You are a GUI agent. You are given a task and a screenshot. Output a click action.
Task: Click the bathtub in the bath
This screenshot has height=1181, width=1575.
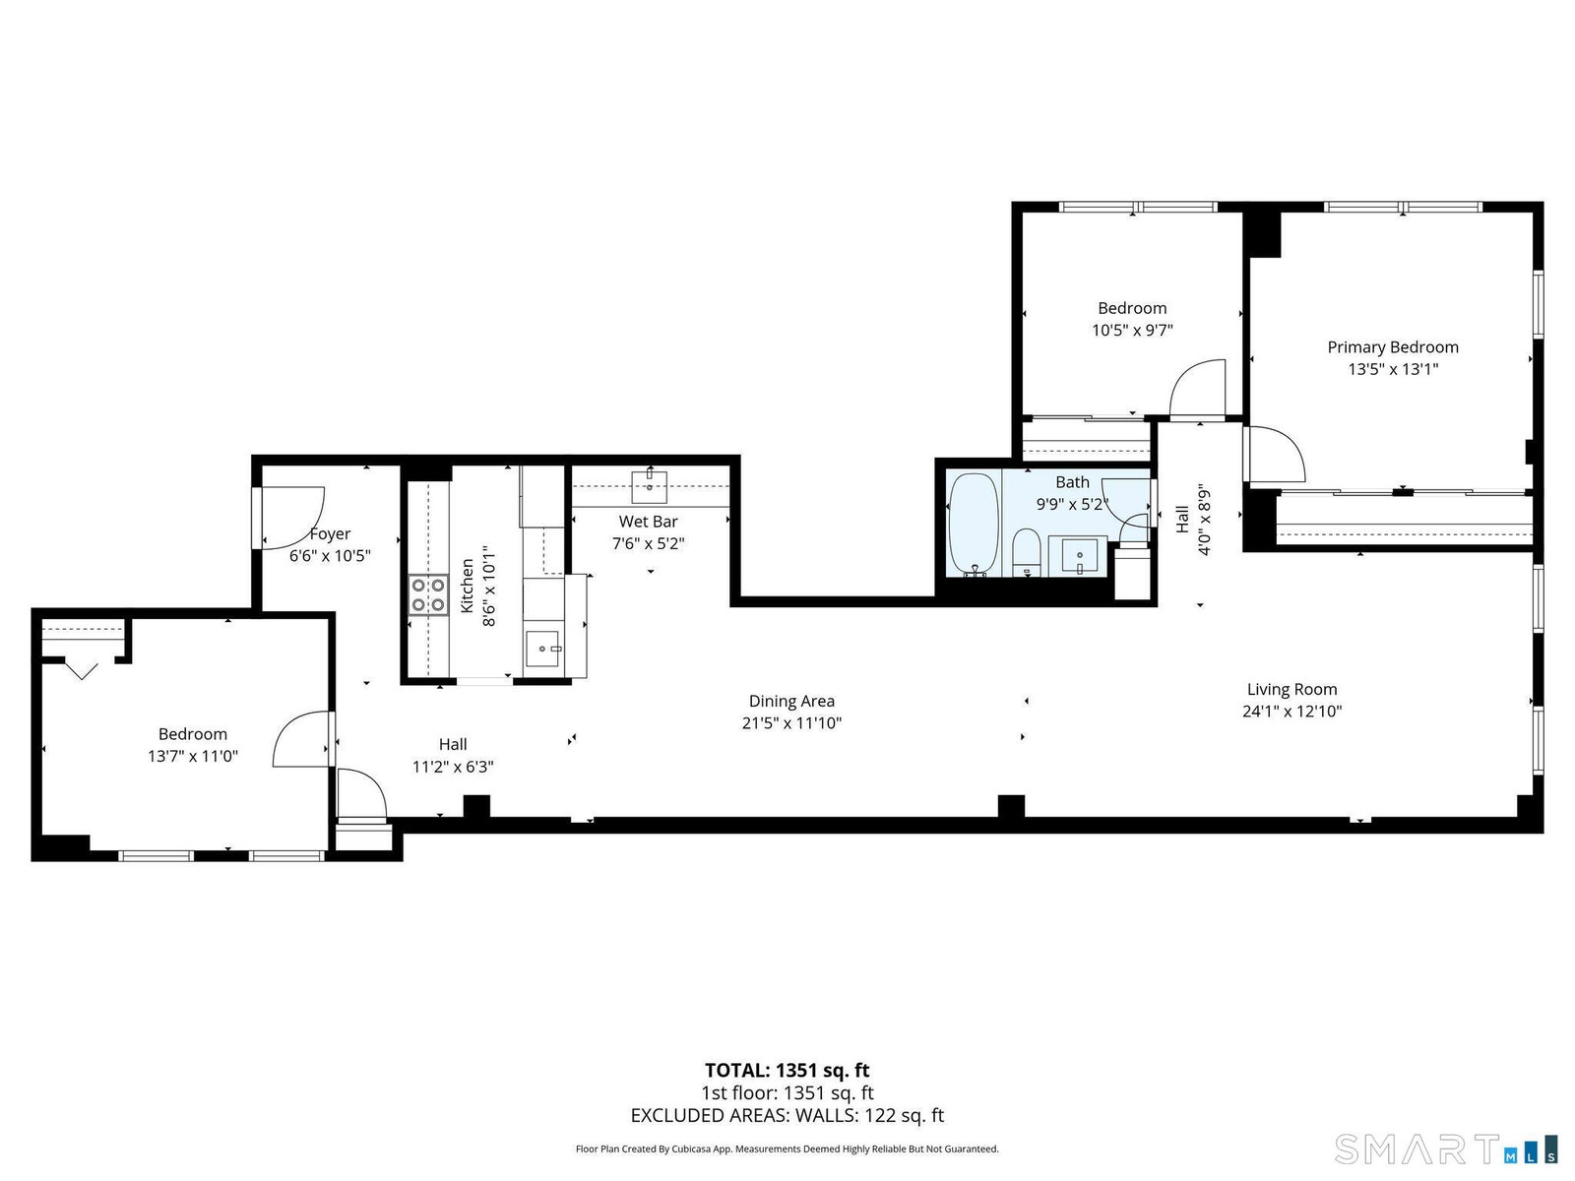pyautogui.click(x=973, y=525)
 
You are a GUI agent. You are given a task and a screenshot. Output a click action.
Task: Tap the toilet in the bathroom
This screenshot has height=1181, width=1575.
pyautogui.click(x=1026, y=553)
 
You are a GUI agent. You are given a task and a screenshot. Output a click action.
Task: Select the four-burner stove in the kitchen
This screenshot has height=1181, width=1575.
pyautogui.click(x=428, y=595)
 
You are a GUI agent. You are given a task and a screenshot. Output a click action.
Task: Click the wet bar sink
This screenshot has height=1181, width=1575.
pyautogui.click(x=649, y=487)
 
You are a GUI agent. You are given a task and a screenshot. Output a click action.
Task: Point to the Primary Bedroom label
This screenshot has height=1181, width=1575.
pyautogui.click(x=1392, y=347)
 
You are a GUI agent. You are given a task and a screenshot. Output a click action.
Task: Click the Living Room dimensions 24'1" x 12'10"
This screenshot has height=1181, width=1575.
pyautogui.click(x=1291, y=711)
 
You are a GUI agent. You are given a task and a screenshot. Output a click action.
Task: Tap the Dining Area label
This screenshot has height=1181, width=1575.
pyautogui.click(x=791, y=701)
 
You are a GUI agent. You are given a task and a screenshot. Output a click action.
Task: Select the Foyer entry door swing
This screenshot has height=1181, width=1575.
pyautogui.click(x=293, y=517)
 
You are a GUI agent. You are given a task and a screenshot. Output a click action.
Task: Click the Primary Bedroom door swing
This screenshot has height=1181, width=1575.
pyautogui.click(x=1275, y=454)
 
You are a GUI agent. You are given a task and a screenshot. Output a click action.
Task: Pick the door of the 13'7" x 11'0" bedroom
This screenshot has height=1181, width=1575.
pyautogui.click(x=301, y=738)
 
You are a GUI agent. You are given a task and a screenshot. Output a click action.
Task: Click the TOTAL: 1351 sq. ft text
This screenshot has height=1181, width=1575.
pyautogui.click(x=787, y=1070)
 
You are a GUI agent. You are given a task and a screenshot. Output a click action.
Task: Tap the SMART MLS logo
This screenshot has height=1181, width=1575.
pyautogui.click(x=1446, y=1150)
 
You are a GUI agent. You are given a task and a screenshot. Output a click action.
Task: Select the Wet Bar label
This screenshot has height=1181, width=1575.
pyautogui.click(x=648, y=522)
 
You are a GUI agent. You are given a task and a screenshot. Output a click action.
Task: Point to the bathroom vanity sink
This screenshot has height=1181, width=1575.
pyautogui.click(x=1079, y=556)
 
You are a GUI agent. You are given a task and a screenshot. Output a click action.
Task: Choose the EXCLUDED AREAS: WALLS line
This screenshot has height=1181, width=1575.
pyautogui.click(x=787, y=1115)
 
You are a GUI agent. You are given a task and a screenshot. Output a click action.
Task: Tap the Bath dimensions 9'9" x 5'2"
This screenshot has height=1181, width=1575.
pyautogui.click(x=1072, y=504)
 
